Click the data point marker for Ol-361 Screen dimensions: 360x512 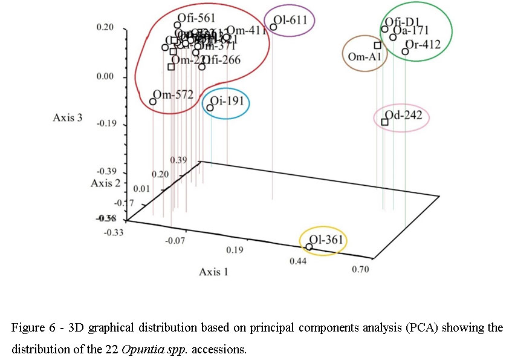[x=309, y=247]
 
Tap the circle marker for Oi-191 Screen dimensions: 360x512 [x=210, y=108]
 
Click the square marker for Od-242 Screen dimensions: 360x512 [x=384, y=122]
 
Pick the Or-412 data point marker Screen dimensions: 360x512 [x=405, y=51]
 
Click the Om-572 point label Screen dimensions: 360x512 [x=173, y=94]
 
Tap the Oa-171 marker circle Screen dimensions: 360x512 [x=393, y=38]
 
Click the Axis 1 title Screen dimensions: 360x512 [x=215, y=272]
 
